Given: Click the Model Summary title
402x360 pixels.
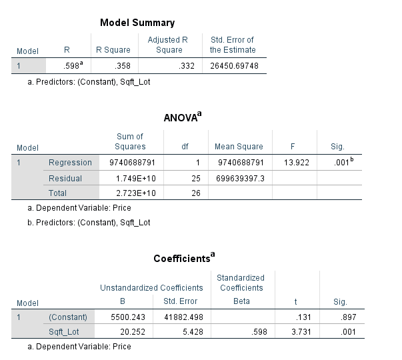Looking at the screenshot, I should pos(137,23).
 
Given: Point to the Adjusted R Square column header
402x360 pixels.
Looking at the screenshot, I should pos(167,45).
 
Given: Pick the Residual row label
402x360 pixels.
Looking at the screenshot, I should pos(65,179).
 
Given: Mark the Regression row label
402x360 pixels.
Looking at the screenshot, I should pos(70,163).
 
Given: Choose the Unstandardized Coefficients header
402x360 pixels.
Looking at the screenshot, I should pos(151,288).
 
